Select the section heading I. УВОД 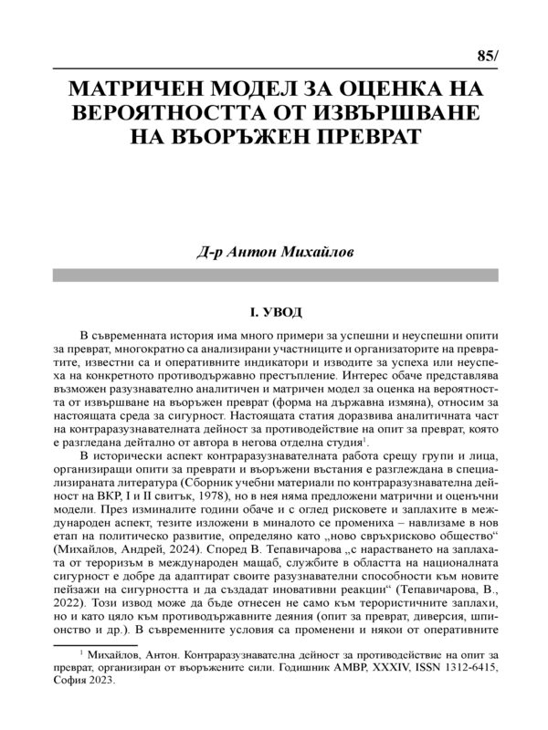click(274, 313)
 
